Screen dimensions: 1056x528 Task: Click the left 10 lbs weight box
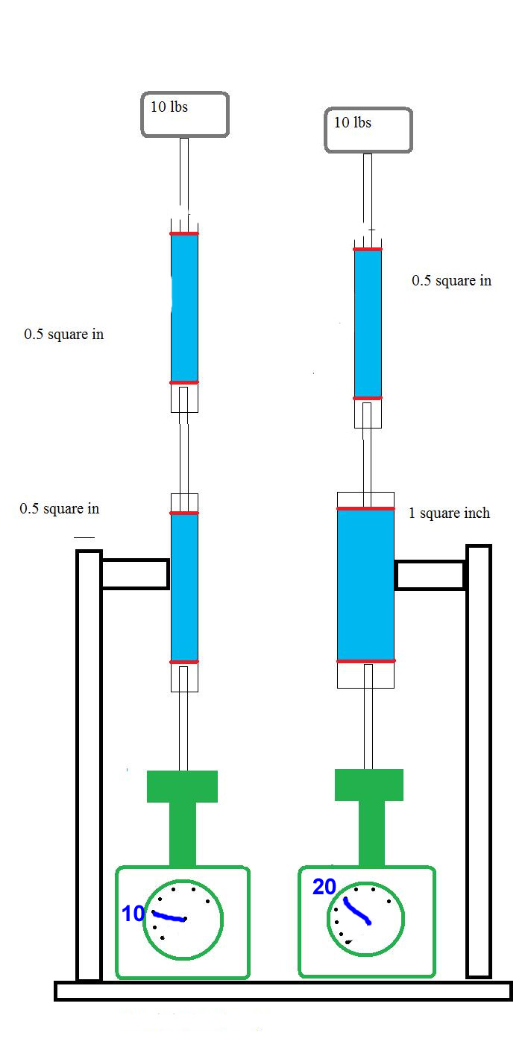185,114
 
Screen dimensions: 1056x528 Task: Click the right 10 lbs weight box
368,130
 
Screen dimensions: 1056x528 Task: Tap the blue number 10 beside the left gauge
133,913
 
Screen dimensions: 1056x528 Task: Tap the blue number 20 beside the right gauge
324,887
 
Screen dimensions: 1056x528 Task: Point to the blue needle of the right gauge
356,911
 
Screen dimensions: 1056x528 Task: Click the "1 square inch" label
449,513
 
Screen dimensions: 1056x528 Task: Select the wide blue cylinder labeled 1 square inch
365,584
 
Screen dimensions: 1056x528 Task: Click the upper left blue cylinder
184,308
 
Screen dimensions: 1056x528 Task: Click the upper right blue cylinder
368,323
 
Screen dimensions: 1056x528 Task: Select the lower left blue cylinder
184,587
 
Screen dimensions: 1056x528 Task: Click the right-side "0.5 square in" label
451,281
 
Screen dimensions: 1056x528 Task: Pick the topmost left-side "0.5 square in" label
63,335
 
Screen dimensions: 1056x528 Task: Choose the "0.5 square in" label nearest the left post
59,509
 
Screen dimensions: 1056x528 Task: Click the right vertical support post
479,760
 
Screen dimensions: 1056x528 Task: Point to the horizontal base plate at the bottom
283,990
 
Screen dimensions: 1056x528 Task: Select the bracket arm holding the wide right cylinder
430,575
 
